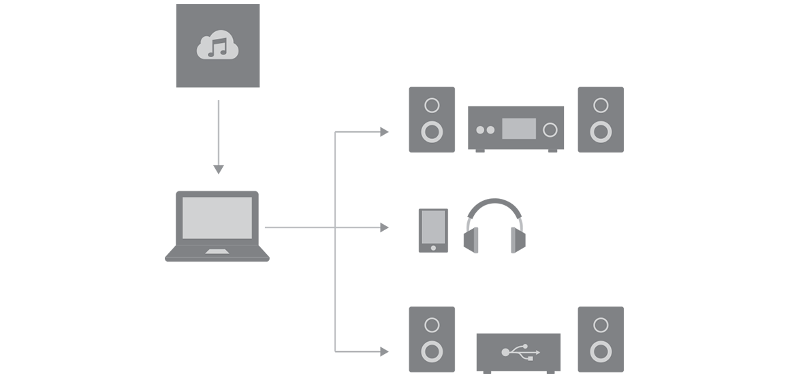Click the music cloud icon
click(x=218, y=46)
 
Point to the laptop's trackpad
click(x=218, y=253)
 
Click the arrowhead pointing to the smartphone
click(x=384, y=227)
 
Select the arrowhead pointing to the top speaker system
click(x=384, y=131)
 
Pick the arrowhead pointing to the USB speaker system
click(x=384, y=351)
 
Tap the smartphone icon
click(x=433, y=231)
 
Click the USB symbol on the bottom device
click(x=520, y=352)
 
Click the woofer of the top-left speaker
click(x=431, y=131)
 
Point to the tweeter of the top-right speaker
click(x=600, y=105)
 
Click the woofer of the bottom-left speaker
click(x=431, y=351)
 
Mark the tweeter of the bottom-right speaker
click(x=600, y=325)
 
